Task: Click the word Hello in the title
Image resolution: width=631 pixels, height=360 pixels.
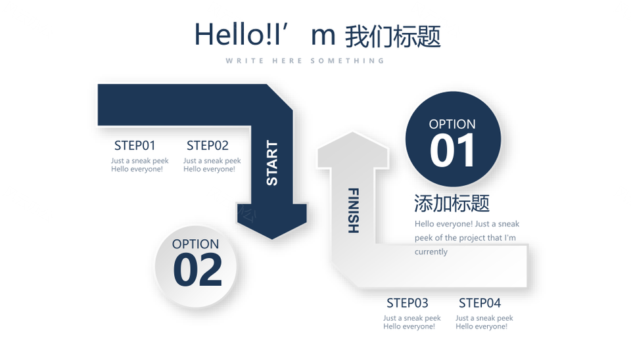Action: tap(229, 34)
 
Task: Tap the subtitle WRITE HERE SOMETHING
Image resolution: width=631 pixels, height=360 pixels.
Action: tap(305, 60)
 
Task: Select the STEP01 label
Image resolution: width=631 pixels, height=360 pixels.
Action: tap(135, 145)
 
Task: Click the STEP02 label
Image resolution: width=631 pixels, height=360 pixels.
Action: tap(207, 145)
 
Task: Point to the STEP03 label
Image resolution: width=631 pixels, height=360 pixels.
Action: tap(408, 302)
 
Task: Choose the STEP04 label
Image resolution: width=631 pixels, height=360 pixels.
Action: tap(480, 302)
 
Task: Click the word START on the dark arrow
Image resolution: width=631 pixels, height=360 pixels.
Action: tap(272, 163)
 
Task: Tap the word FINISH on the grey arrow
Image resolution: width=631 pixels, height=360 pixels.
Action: tap(353, 210)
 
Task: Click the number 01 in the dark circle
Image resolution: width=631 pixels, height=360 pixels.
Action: tap(452, 150)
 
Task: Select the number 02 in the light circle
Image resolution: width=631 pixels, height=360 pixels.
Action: tap(197, 270)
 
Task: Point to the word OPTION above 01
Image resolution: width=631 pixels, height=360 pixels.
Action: tap(452, 124)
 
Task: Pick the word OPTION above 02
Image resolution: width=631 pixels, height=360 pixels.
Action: tap(196, 244)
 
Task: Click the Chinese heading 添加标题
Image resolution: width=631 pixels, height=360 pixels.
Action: tap(452, 203)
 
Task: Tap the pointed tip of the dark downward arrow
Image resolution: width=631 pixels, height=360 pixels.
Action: tap(272, 239)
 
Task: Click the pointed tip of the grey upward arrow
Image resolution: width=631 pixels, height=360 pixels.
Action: tap(352, 132)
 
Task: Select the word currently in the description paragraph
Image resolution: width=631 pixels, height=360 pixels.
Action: tap(431, 252)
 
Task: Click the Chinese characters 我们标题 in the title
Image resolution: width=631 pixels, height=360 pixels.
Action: tap(393, 36)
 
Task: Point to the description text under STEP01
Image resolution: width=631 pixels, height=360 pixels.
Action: tap(139, 165)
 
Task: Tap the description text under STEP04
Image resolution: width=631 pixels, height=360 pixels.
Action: tap(484, 322)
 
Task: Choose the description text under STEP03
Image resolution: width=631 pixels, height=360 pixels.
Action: tap(411, 322)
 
